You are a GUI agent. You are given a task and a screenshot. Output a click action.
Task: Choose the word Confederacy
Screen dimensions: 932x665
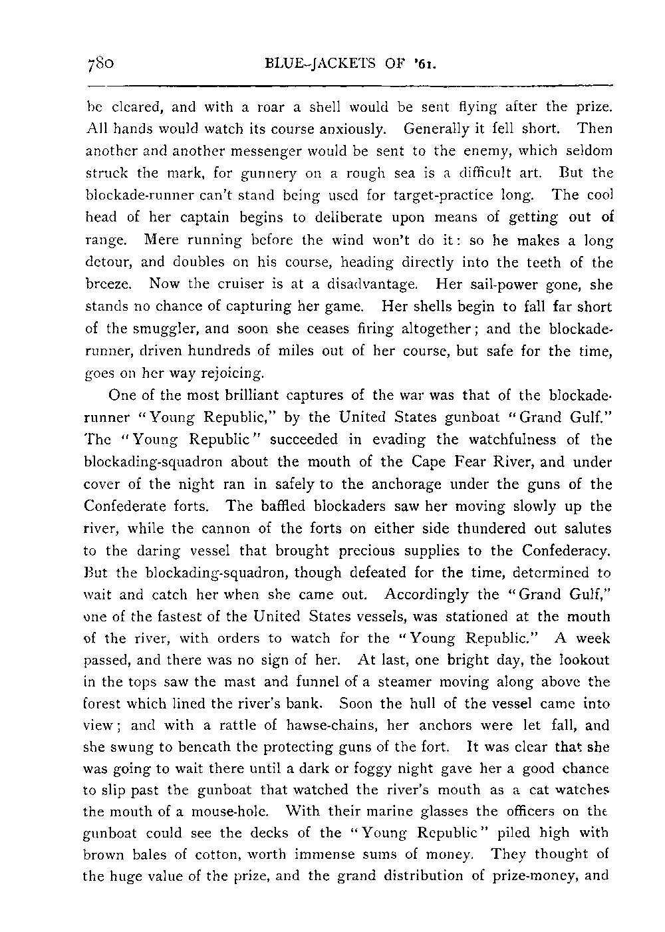pyautogui.click(x=567, y=551)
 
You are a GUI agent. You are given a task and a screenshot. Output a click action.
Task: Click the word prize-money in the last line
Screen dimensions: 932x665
pyautogui.click(x=532, y=875)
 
